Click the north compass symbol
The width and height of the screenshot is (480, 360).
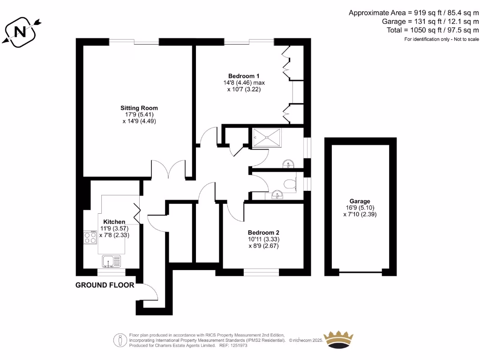pos(21,31)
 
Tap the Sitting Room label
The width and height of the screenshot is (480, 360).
pos(138,108)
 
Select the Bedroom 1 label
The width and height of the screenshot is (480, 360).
pos(244,76)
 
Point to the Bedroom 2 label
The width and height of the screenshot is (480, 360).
pos(263,232)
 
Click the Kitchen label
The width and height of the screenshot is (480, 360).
pos(114,222)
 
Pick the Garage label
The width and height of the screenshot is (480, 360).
pos(360,201)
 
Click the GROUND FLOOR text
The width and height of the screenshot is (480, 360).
pos(105,285)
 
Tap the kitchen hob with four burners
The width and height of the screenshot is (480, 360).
pos(90,238)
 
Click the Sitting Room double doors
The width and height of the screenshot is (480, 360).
pos(169,170)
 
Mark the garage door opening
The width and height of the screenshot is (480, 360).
pos(360,272)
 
